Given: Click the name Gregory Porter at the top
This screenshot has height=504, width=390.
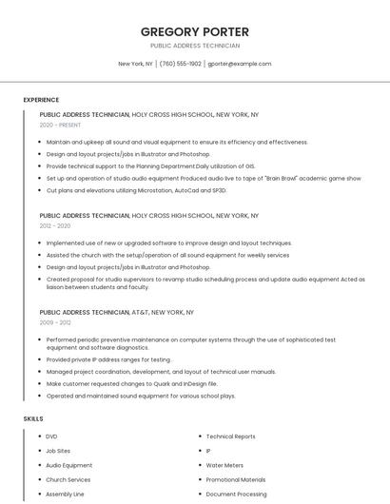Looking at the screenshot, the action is pos(194,31).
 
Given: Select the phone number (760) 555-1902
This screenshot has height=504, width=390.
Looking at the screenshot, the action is pos(180,64).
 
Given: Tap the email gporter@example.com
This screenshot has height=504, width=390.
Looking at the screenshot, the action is pos(239,64).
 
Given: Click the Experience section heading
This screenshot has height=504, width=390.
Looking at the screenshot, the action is pos(41,100).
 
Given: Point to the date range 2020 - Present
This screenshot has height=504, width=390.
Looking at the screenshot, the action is pos(60,125).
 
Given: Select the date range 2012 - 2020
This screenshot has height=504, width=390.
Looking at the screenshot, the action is pos(55,226).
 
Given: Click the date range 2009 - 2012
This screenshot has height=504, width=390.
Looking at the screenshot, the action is pos(55,322).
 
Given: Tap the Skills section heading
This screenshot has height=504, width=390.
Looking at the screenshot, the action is pos(33,418).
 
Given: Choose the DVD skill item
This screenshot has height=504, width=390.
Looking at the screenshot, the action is pos(51,436).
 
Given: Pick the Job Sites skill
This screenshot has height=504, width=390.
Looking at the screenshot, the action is pos(58,451).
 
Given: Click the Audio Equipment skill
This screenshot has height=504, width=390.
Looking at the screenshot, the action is pos(68,465).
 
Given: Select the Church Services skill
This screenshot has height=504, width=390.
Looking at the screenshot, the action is pos(68,480).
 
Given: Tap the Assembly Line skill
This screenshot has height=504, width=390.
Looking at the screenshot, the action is pos(65,494).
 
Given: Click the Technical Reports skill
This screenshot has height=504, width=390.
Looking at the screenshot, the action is pos(230,436).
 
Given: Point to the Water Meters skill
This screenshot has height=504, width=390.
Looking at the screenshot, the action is pos(224,465).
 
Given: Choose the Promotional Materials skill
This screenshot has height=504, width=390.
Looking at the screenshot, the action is pos(236,480).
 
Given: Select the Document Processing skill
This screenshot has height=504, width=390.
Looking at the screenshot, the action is pos(236,494).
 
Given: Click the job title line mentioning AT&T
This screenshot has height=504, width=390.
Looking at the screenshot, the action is pos(116,312).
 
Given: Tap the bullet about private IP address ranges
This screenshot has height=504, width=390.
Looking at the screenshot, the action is pos(108,359).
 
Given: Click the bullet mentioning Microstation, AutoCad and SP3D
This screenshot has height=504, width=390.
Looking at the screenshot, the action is pos(136,190).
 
